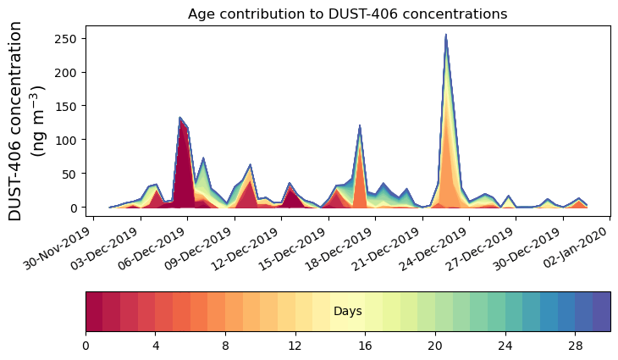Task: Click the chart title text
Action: click(347, 14)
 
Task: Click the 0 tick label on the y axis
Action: click(74, 208)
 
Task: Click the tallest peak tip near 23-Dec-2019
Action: click(445, 36)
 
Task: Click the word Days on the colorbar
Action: click(348, 312)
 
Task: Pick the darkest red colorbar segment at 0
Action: click(94, 311)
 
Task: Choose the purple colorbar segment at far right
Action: click(601, 311)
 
